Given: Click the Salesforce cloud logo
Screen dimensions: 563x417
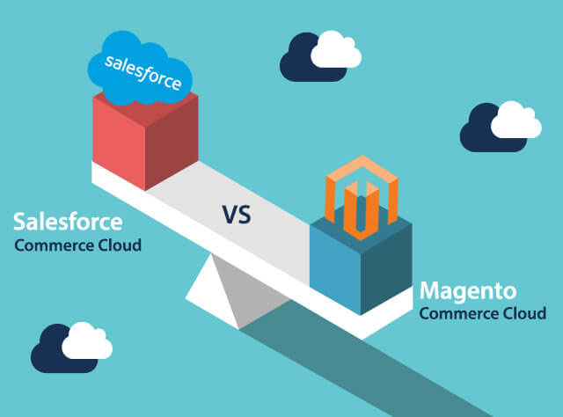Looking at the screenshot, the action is coord(140,68).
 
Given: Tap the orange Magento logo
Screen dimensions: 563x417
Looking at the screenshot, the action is coord(362,198).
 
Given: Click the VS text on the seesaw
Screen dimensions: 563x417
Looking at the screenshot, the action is coord(237,215).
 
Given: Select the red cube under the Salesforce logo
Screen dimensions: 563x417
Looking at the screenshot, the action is coord(145,140).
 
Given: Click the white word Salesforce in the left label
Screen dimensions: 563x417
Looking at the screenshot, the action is coord(68,222).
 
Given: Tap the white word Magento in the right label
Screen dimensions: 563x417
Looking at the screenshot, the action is coord(468,291).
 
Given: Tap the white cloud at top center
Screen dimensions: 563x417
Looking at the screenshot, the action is coord(336,49).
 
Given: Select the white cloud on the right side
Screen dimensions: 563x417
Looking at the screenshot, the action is coord(516,120).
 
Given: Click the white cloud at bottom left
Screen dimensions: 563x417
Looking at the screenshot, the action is coord(87,340).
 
